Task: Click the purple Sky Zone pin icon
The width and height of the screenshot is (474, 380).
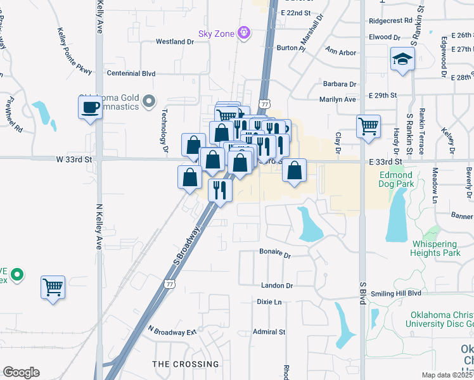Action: click(244, 32)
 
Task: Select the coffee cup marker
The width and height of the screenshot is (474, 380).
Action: click(90, 106)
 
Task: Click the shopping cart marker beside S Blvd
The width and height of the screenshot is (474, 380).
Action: click(368, 126)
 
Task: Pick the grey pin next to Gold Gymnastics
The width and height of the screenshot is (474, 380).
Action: click(149, 101)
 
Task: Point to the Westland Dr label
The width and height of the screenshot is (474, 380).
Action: click(175, 42)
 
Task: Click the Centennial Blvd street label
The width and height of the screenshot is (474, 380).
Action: click(131, 73)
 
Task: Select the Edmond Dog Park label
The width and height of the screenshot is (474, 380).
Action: click(397, 179)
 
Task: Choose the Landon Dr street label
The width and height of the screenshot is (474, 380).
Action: click(276, 286)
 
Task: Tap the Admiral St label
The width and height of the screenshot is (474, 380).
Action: click(269, 331)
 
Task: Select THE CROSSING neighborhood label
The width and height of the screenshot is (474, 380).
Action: click(186, 364)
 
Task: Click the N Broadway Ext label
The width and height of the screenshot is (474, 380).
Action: click(173, 331)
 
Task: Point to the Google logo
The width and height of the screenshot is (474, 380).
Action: click(21, 372)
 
